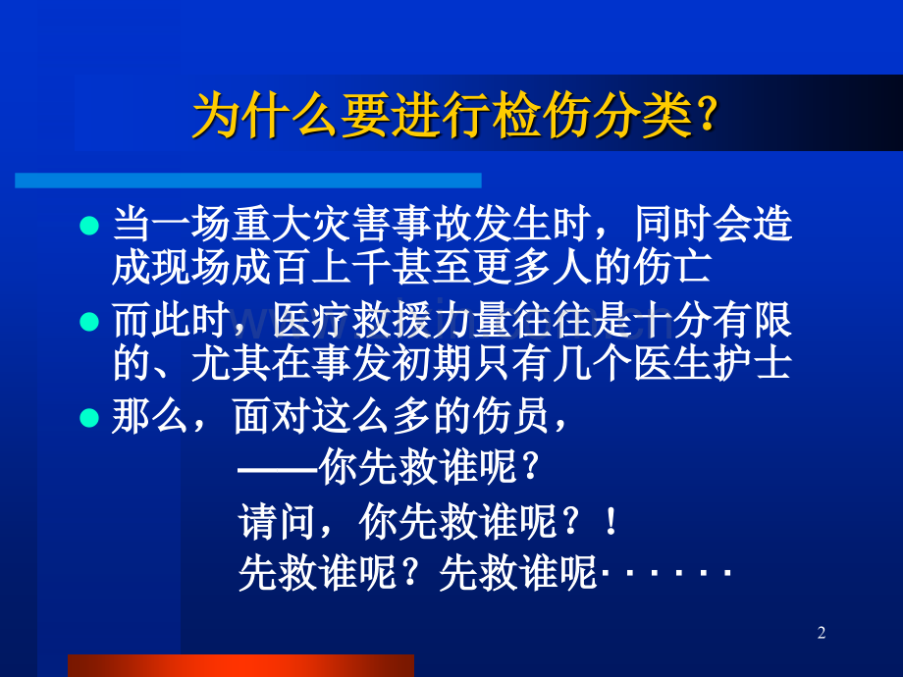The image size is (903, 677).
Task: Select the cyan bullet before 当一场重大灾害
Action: (x=89, y=225)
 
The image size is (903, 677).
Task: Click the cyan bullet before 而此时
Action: (x=89, y=321)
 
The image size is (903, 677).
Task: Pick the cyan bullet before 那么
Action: (x=89, y=417)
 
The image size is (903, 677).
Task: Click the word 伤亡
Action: (x=672, y=267)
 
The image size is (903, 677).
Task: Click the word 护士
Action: (x=753, y=363)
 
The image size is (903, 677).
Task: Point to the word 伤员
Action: (x=510, y=417)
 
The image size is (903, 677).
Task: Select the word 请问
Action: (x=277, y=522)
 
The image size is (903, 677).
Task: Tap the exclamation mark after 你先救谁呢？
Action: (x=611, y=522)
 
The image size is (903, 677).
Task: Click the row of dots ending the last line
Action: (x=665, y=573)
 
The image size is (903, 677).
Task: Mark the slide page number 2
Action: (x=822, y=633)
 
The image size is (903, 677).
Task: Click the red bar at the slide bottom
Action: (x=240, y=665)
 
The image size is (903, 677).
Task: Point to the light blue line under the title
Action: (x=248, y=181)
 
